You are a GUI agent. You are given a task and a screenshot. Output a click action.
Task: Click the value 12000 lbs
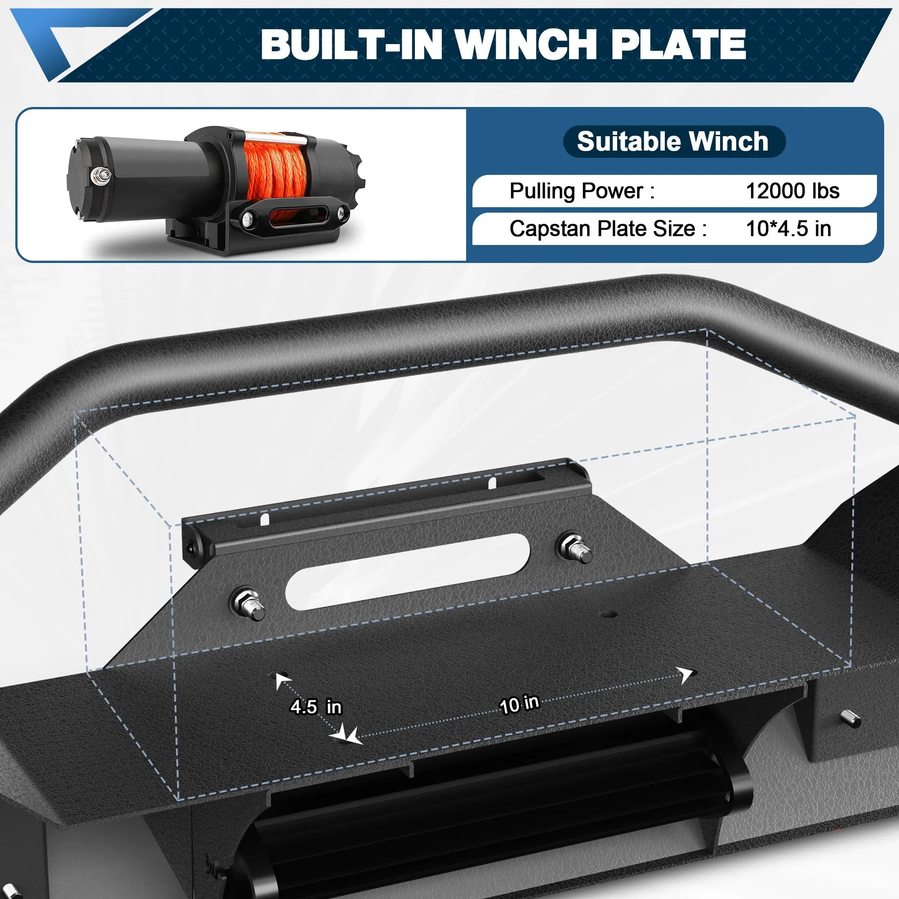(792, 191)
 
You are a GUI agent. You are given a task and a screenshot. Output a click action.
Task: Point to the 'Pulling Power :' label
(582, 191)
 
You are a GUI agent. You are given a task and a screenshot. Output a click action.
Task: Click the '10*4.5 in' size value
(788, 228)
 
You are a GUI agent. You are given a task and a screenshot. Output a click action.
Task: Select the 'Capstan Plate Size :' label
(608, 228)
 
